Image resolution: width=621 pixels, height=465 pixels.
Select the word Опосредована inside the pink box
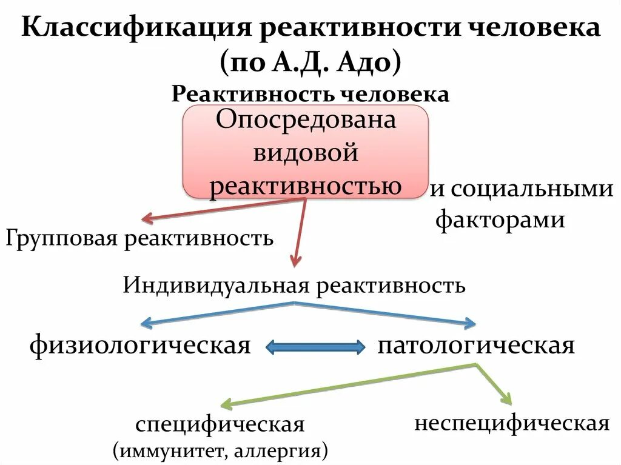306,120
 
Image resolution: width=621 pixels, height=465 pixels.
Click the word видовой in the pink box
306,153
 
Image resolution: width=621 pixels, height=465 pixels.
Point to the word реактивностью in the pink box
306,186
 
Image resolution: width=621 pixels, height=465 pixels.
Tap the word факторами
500,219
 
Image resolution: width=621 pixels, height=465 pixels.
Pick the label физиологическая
140,346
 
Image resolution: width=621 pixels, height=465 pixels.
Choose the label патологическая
475,346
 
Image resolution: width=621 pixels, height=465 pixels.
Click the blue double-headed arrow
315,347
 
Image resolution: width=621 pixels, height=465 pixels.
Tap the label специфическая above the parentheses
220,424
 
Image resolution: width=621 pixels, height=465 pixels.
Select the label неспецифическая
512,423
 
